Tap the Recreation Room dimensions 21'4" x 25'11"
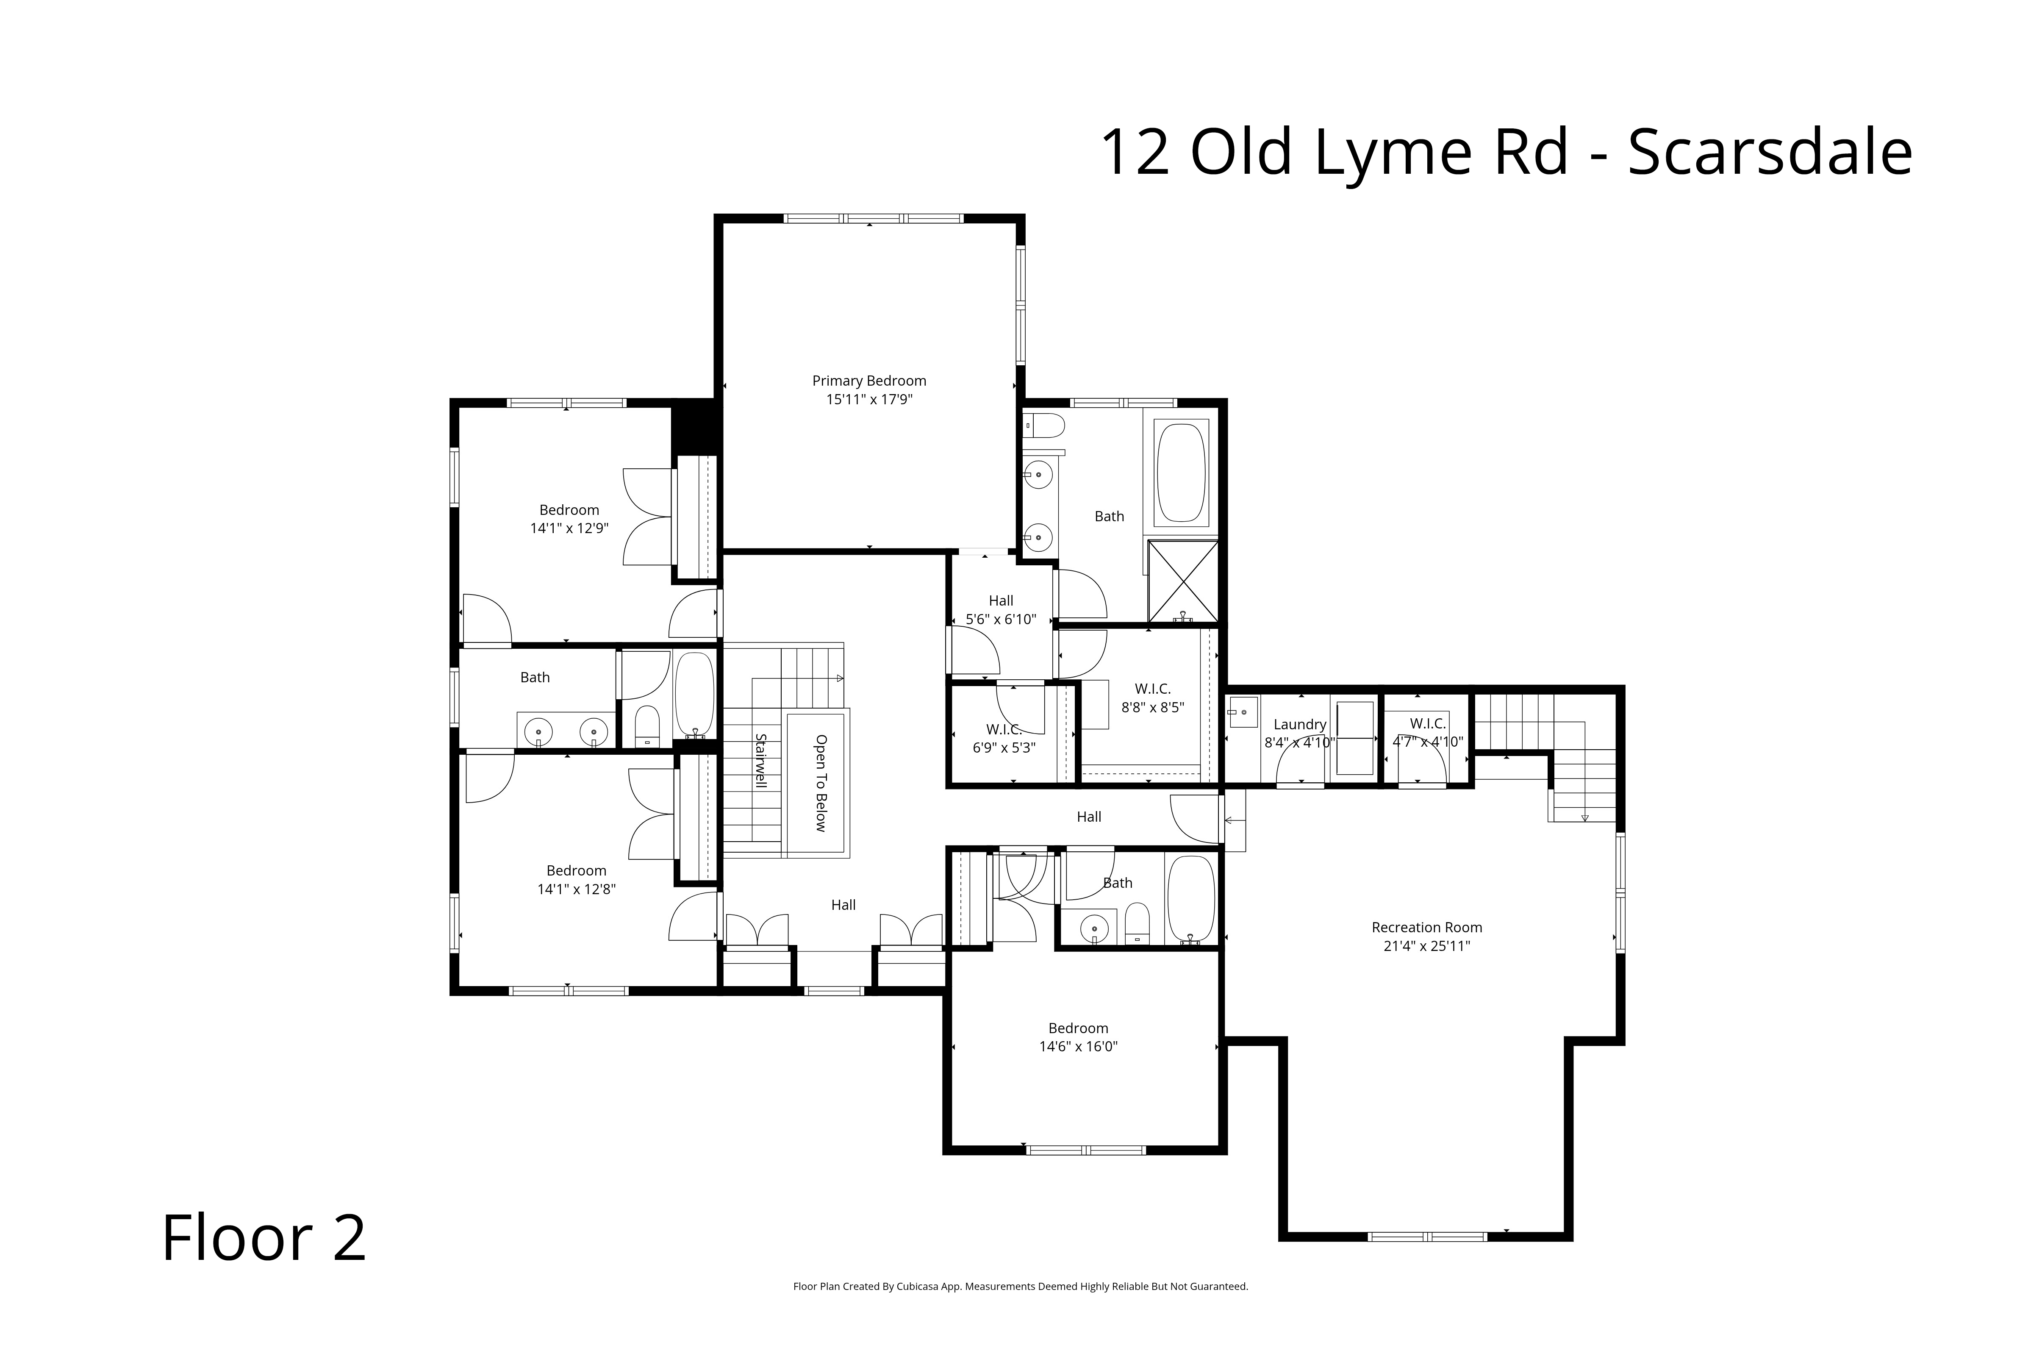pos(1426,946)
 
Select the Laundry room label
pos(1299,724)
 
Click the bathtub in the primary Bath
pos(1181,473)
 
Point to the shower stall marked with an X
pos(1182,580)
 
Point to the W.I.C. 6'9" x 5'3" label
pos(1004,738)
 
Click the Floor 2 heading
pos(264,1239)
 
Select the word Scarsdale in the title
pos(1770,153)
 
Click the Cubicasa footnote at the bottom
pos(1020,1287)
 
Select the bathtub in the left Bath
pos(694,695)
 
